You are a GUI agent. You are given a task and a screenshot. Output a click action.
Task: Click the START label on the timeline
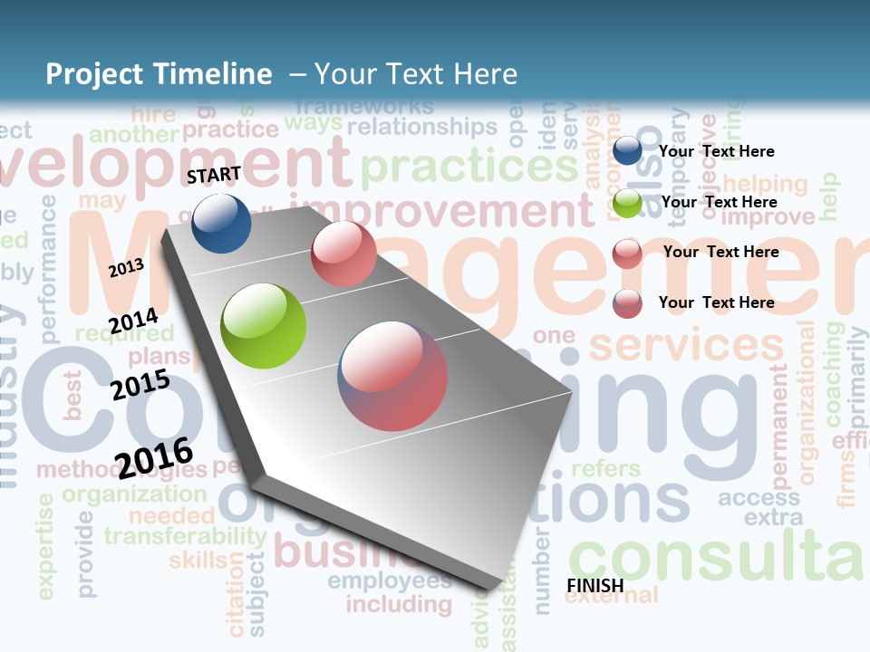[214, 175]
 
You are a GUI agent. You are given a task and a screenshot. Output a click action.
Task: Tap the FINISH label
[594, 586]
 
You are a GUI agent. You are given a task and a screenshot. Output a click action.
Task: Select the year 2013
[126, 267]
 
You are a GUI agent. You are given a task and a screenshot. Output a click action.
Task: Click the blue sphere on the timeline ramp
[221, 223]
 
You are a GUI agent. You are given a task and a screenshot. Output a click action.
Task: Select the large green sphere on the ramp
[264, 326]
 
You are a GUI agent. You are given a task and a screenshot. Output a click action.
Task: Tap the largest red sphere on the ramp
[392, 375]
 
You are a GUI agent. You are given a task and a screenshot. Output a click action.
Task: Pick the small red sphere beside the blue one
[343, 254]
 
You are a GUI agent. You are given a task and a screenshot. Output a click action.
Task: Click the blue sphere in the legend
[627, 151]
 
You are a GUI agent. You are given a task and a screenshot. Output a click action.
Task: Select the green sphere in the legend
[627, 203]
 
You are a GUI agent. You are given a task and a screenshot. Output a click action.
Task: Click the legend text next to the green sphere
[719, 202]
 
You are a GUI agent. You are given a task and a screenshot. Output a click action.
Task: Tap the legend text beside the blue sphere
[716, 151]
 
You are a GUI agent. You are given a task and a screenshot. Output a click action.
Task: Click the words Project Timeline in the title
[159, 74]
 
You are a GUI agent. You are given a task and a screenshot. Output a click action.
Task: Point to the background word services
[685, 345]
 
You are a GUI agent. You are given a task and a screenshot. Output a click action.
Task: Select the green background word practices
[469, 167]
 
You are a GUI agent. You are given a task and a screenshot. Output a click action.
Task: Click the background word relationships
[422, 127]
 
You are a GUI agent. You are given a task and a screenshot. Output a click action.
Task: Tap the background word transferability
[185, 535]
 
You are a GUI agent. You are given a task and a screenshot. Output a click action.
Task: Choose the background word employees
[389, 580]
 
